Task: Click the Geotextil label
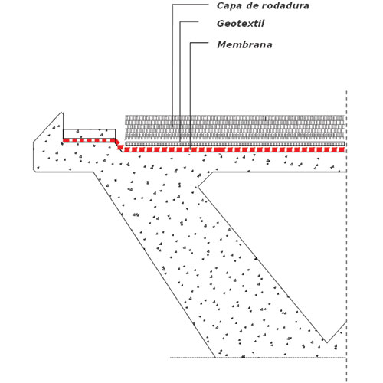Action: [241, 24]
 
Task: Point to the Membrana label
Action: [244, 44]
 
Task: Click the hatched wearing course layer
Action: [234, 127]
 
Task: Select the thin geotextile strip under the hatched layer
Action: [235, 144]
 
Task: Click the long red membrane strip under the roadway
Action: [234, 149]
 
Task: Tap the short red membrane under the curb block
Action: [90, 140]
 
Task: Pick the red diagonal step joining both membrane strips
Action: [119, 146]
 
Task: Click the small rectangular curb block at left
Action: [90, 133]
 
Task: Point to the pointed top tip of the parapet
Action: [61, 112]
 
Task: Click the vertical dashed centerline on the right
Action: [346, 236]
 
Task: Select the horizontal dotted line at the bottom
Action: [258, 358]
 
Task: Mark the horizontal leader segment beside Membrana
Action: [199, 43]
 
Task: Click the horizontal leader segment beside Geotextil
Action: [189, 22]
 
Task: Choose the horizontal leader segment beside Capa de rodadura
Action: [191, 5]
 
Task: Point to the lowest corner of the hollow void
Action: [327, 342]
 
